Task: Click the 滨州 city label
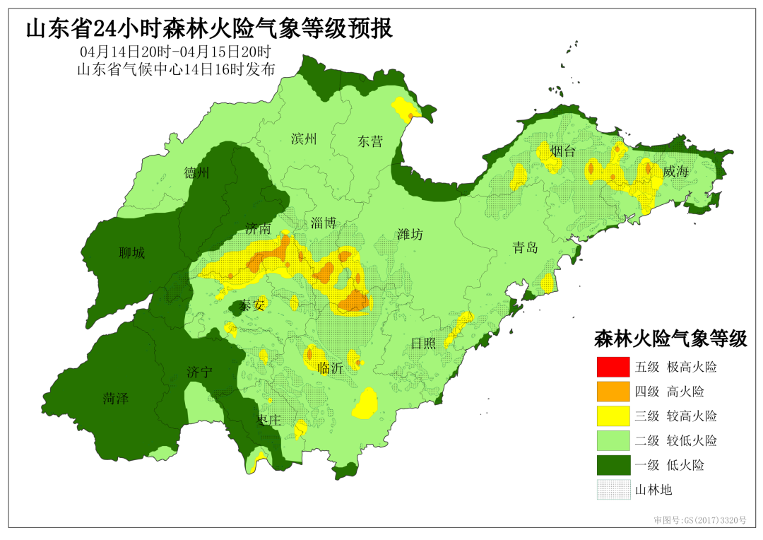pyautogui.click(x=304, y=139)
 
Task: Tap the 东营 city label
pyautogui.click(x=369, y=141)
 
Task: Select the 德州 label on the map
pyautogui.click(x=197, y=174)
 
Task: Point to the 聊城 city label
pyautogui.click(x=132, y=252)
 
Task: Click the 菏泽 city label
pyautogui.click(x=115, y=399)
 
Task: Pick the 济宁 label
pyautogui.click(x=200, y=372)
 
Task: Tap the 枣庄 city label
pyautogui.click(x=268, y=421)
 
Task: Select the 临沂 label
pyautogui.click(x=330, y=368)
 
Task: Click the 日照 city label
pyautogui.click(x=424, y=344)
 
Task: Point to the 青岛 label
pyautogui.click(x=525, y=247)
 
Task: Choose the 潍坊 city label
pyautogui.click(x=410, y=235)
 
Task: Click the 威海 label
pyautogui.click(x=675, y=172)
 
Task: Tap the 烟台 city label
pyautogui.click(x=563, y=151)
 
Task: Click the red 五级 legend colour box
pyautogui.click(x=612, y=367)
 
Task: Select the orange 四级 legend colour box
pyautogui.click(x=612, y=392)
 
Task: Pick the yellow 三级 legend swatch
pyautogui.click(x=612, y=416)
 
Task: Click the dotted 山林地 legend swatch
pyautogui.click(x=612, y=489)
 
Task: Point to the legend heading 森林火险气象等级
pyautogui.click(x=670, y=339)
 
